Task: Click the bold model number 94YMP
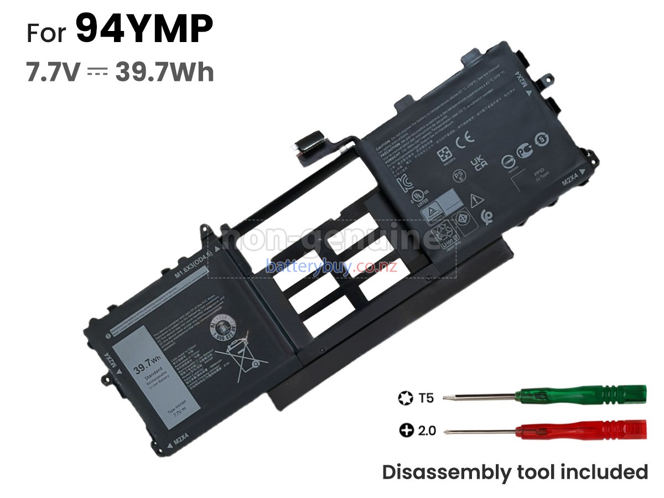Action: pos(144,30)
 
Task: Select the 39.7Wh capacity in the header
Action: pos(164,72)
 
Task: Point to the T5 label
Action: pos(427,397)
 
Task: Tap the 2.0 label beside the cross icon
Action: pos(426,430)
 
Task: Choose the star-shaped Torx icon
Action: pos(405,397)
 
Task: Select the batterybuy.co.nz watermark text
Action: pos(331,267)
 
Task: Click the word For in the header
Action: pos(46,33)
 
